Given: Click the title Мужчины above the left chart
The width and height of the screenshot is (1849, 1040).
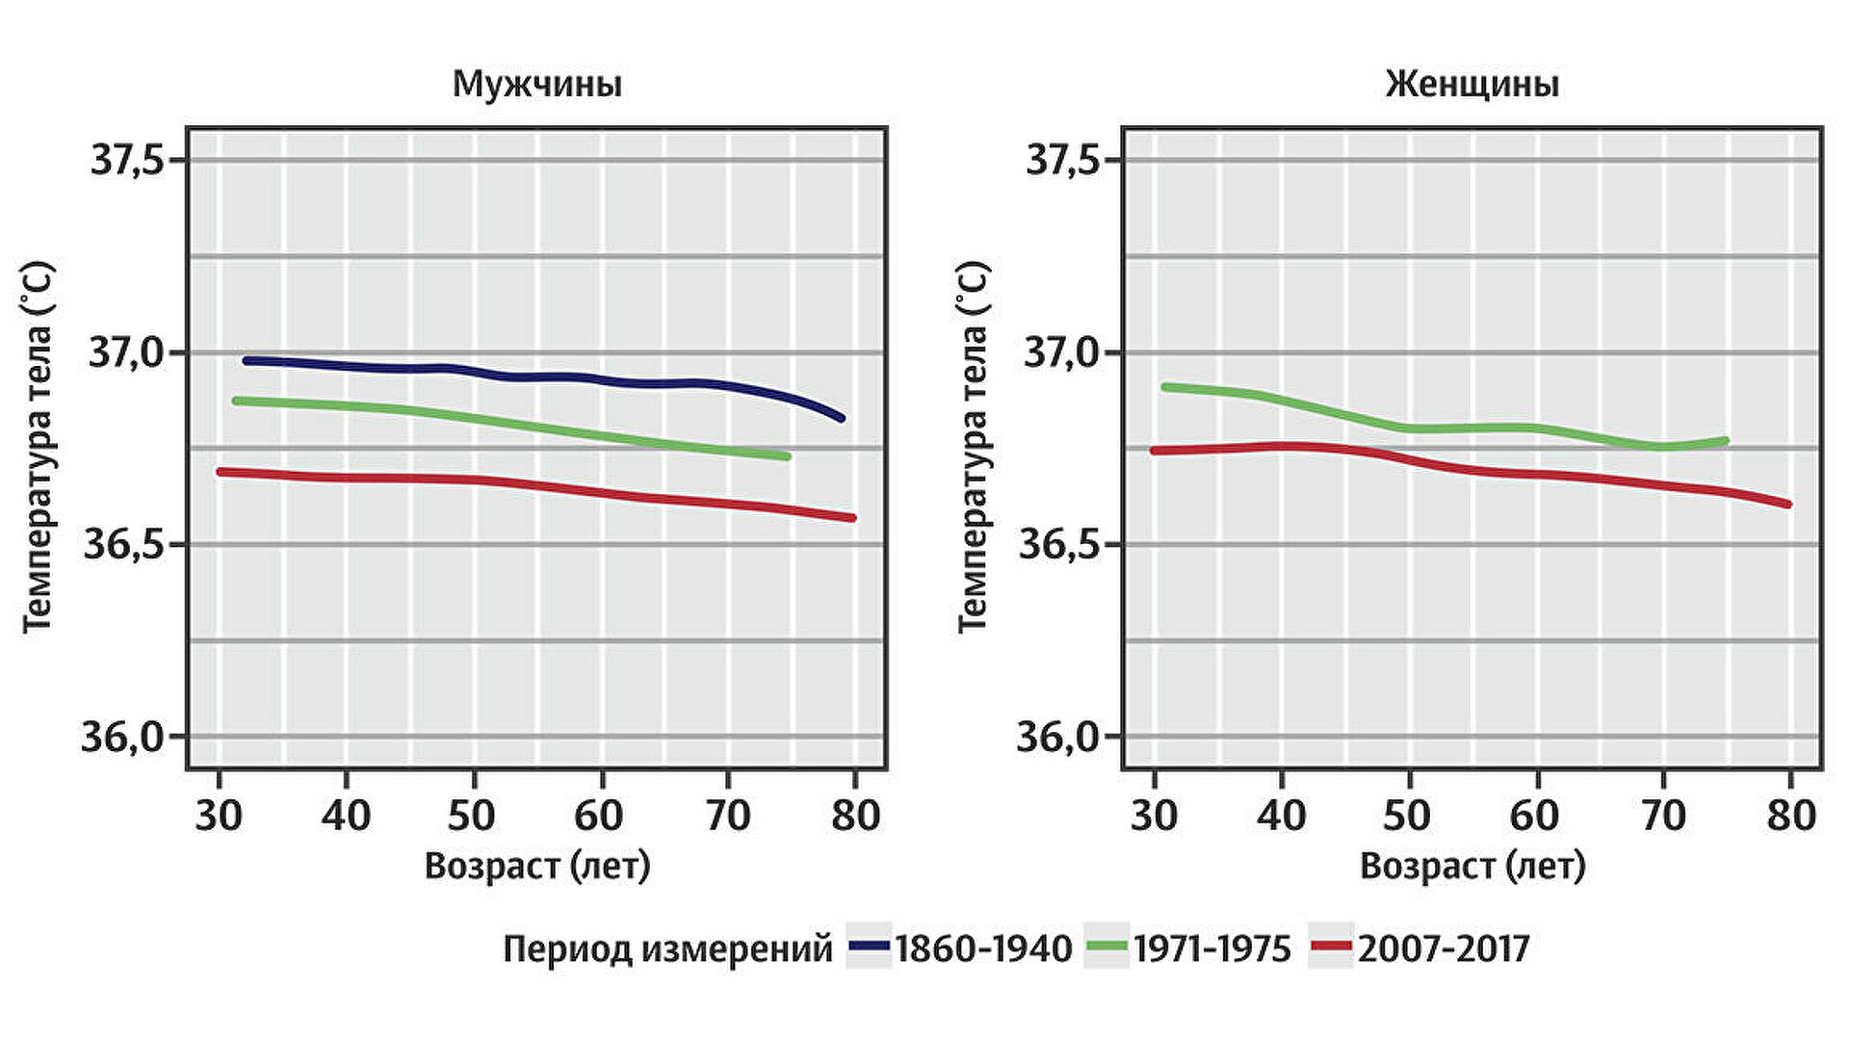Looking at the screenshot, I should pos(537,85).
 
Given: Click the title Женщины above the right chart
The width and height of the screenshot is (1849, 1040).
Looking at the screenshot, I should pos(1472,85).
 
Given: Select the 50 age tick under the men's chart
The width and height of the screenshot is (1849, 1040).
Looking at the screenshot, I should pos(472,816).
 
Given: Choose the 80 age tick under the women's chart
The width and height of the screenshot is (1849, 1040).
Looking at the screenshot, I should pos(1791,816).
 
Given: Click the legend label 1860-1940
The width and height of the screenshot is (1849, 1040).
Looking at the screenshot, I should pos(983,949).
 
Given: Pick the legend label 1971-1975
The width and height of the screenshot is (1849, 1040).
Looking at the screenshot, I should pos(1211,949).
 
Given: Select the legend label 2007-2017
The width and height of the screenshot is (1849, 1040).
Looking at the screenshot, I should pos(1444,949).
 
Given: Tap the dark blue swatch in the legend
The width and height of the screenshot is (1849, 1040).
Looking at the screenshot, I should pos(869,948).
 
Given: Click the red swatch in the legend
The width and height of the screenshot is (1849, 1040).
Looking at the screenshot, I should pos(1332,948).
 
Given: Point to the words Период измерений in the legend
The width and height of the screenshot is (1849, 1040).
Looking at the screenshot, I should pos(667,949).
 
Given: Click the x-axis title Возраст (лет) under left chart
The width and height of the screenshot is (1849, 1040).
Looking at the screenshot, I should pos(537,867).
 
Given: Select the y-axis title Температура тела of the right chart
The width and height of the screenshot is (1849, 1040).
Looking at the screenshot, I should pos(973,447).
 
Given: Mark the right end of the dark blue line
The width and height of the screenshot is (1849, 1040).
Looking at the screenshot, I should pos(842,418).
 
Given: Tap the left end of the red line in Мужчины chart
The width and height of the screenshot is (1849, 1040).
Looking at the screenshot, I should pos(221,472).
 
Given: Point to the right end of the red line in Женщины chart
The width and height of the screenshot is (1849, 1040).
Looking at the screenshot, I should pos(1787,504).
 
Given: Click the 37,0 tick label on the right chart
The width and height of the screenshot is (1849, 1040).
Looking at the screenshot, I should pos(1060,353).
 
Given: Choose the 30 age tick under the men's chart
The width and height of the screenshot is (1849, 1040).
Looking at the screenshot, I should pos(219,816).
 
